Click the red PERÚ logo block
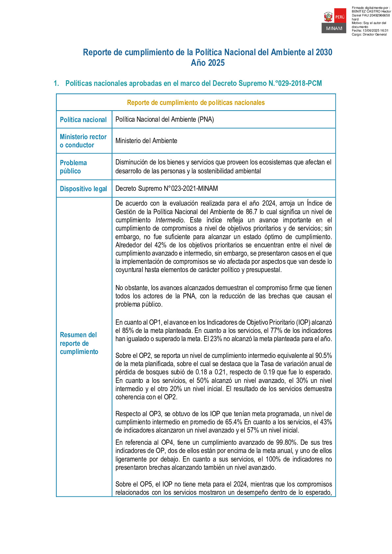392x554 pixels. (340, 16)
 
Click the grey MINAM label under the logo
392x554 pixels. (334, 29)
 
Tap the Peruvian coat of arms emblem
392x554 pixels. (328, 16)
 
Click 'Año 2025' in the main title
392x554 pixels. (208, 63)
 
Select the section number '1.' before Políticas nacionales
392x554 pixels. (56, 84)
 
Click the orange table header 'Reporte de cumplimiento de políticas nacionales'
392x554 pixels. (196, 103)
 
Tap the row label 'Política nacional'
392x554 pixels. (83, 120)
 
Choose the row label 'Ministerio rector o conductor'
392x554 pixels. (83, 141)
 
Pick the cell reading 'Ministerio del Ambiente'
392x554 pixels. (146, 141)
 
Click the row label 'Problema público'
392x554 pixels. (73, 167)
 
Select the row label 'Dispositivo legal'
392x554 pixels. (83, 189)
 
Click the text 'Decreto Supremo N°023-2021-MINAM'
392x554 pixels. (167, 189)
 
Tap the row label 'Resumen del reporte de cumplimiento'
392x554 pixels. (79, 343)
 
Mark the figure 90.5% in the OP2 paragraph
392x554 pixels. (324, 356)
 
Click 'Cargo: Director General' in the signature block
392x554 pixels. (369, 35)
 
